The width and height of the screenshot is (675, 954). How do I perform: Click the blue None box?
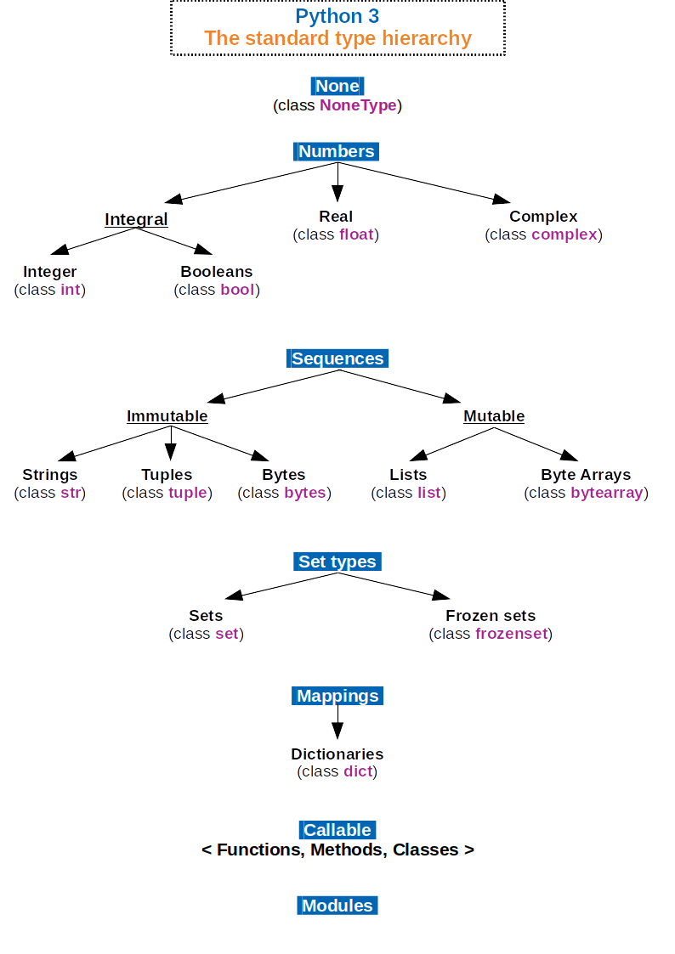point(337,86)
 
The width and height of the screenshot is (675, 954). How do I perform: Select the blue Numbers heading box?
point(337,151)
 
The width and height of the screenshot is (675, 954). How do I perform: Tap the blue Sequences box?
point(337,358)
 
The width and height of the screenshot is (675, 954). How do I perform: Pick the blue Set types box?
point(337,562)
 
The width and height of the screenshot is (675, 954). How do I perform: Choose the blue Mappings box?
point(337,696)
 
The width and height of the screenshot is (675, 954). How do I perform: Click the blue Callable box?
point(337,830)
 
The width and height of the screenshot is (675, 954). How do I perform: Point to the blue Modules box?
point(337,906)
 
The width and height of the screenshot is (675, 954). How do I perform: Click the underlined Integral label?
point(136,219)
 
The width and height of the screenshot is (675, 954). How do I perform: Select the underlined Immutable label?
point(167,416)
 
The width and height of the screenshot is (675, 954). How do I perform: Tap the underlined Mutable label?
point(494,416)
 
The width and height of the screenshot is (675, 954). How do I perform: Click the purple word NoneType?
point(358,105)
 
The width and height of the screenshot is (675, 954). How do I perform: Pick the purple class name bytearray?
point(607,493)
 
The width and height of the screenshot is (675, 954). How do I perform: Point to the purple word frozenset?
point(511,634)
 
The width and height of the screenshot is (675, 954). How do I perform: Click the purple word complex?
point(564,234)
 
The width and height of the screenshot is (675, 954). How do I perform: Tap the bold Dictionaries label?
point(337,754)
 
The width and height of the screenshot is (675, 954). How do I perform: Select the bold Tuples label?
point(167,475)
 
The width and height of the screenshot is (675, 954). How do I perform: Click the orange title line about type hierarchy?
point(337,38)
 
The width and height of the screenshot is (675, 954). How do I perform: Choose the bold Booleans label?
point(216,272)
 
